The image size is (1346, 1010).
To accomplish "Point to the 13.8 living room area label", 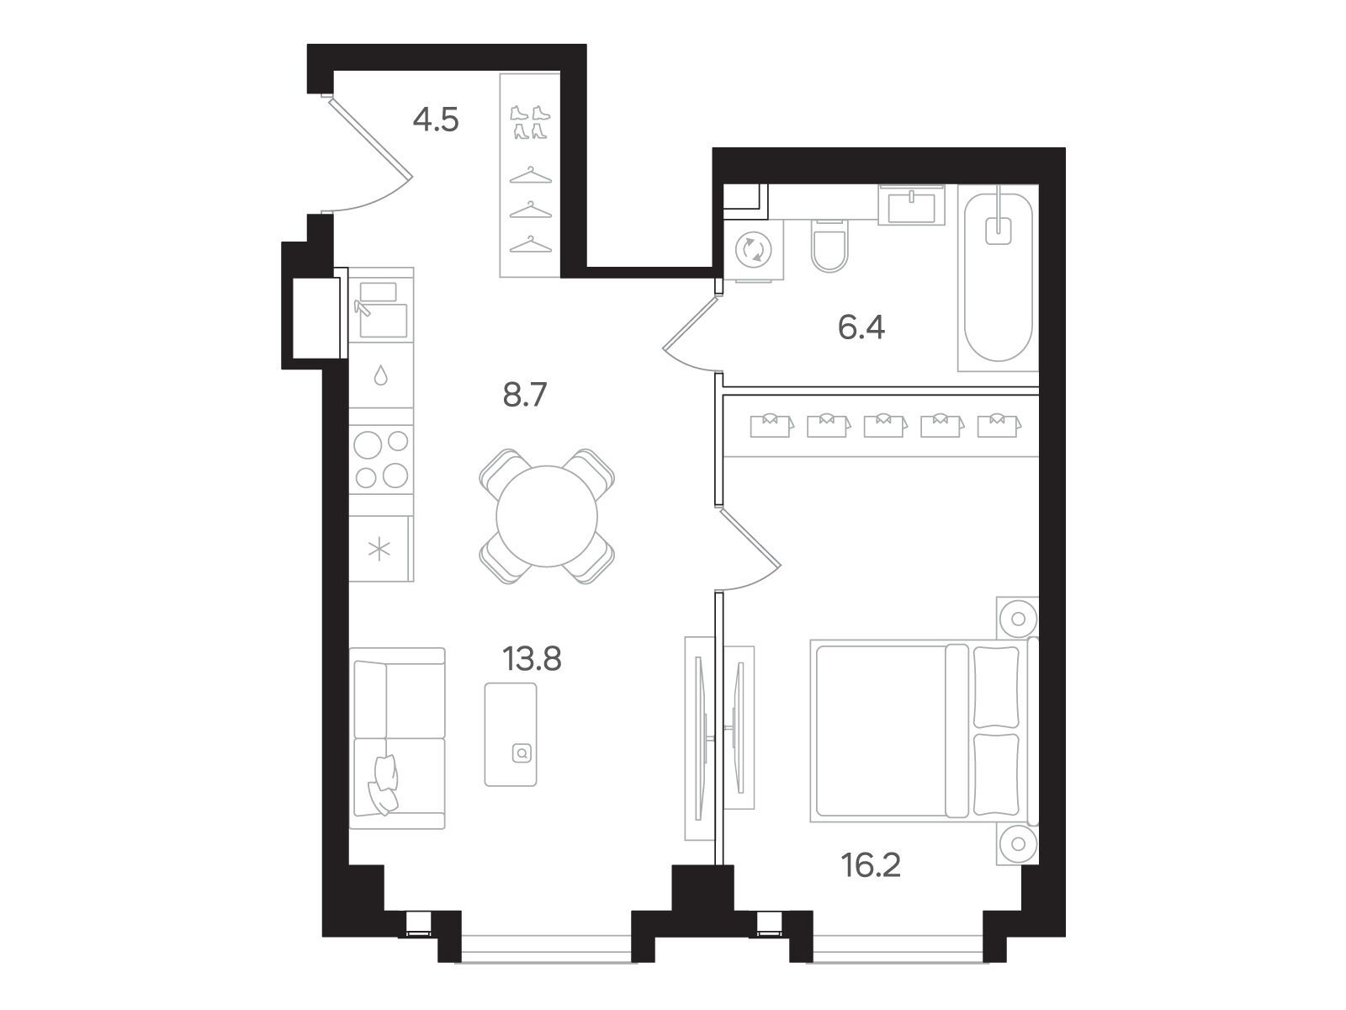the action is (532, 659).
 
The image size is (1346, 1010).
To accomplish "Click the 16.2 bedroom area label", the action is (871, 865).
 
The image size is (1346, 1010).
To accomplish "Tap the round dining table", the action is (547, 516).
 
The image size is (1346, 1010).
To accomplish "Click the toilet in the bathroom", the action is (829, 245).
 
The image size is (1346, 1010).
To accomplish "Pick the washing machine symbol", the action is (754, 250).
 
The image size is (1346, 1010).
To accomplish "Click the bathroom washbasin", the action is (911, 205).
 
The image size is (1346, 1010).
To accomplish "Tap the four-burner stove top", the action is (381, 460).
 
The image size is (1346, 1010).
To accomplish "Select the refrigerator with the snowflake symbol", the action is (381, 549).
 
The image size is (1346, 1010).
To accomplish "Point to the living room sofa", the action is (397, 738).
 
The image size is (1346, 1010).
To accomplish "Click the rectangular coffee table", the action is (510, 735).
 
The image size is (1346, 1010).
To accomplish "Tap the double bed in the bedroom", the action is (925, 731).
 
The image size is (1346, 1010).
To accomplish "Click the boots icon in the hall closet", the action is (530, 122).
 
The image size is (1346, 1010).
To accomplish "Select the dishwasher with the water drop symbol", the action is (381, 375).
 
